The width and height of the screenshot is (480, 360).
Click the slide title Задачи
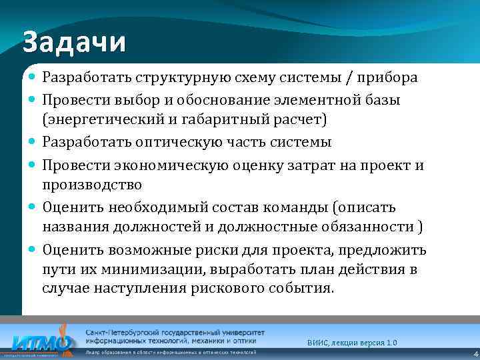point(74,42)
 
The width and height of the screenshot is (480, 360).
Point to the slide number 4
point(475,353)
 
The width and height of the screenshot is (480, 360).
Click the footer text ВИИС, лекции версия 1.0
point(352,342)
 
